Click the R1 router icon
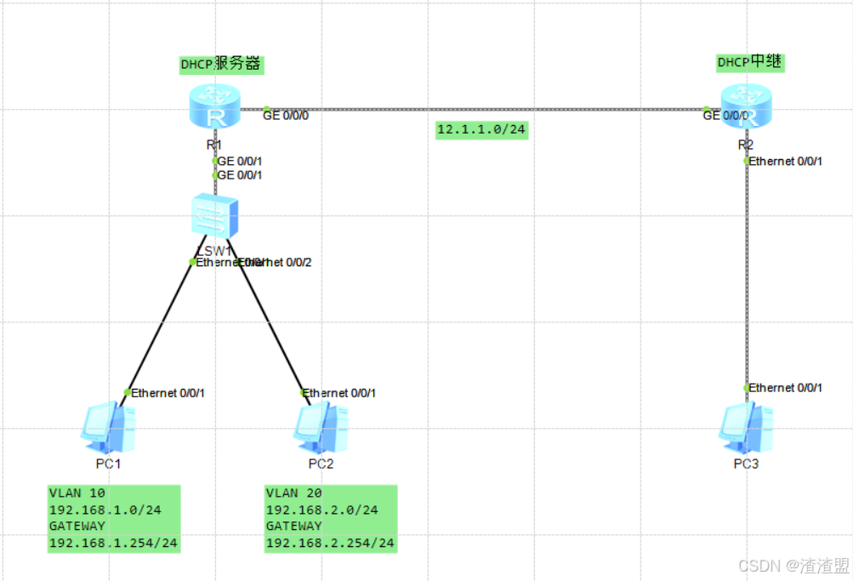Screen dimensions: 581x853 (214, 108)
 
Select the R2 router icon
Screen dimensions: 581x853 (746, 107)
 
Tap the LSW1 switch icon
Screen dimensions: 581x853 (214, 216)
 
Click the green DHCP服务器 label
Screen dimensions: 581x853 (220, 64)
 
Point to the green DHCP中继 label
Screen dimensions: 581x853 (750, 62)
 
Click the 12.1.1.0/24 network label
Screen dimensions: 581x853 (481, 129)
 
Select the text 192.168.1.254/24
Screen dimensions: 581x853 (114, 543)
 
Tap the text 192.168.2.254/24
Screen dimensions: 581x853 (330, 543)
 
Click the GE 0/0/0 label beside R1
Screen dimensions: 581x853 (286, 115)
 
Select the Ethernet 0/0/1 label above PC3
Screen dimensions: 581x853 (786, 388)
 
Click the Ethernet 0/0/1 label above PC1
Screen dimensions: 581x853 (168, 393)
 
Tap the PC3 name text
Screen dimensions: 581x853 (746, 464)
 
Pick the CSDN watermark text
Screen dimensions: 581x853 (793, 565)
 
